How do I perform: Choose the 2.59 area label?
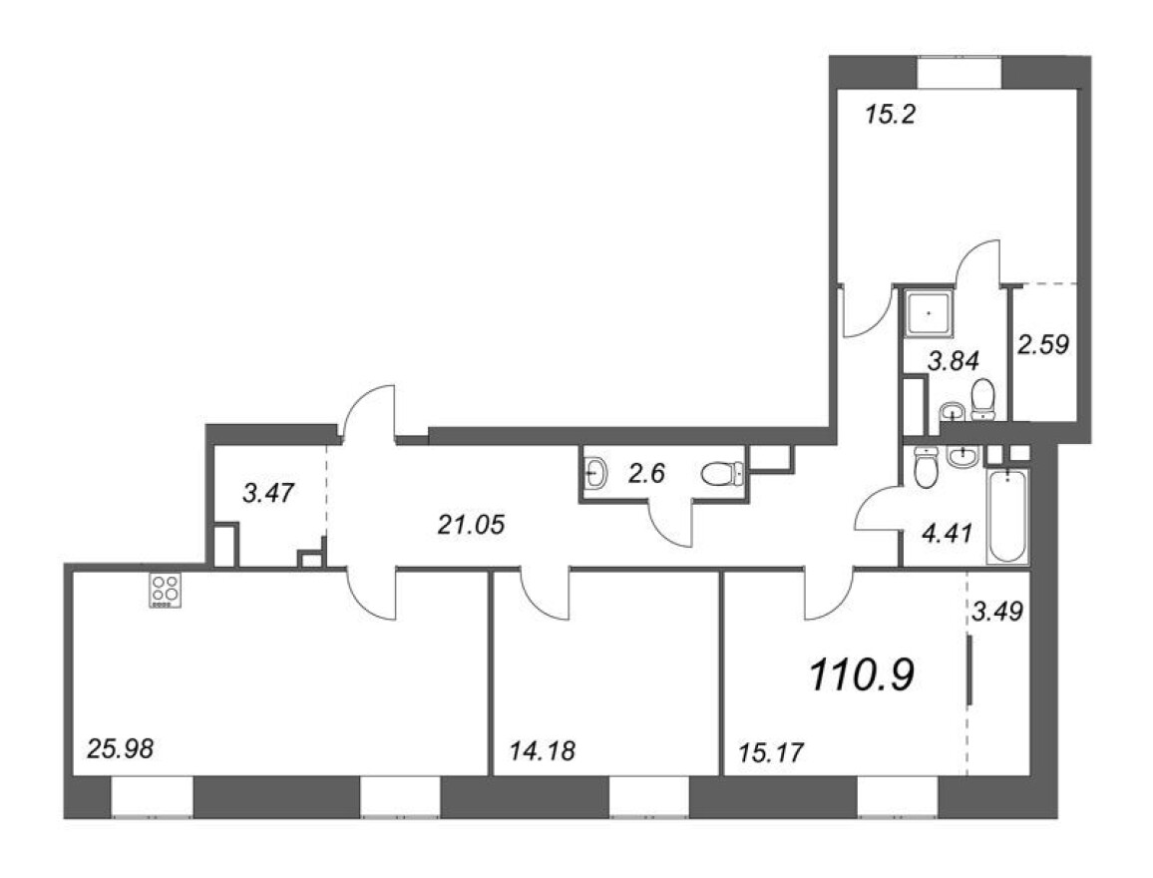(x=1043, y=345)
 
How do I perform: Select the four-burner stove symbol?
(x=165, y=590)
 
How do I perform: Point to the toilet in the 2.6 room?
(x=720, y=475)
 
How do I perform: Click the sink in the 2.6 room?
(x=595, y=474)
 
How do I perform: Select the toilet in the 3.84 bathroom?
(x=983, y=400)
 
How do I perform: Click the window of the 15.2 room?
(x=960, y=73)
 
